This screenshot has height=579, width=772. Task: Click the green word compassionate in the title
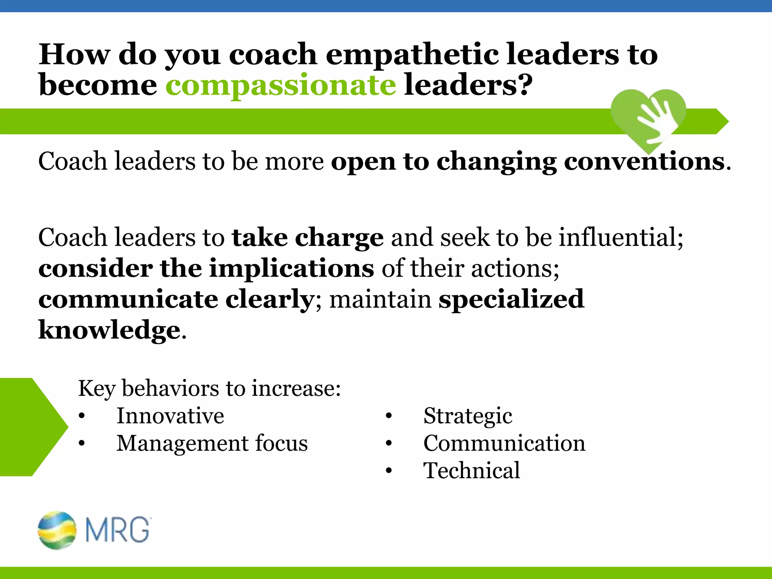click(x=280, y=85)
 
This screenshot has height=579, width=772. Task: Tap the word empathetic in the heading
click(x=412, y=55)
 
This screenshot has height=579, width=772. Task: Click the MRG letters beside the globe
click(x=118, y=530)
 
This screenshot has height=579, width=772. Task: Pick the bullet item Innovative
click(x=170, y=416)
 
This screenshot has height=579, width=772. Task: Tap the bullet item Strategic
click(x=467, y=416)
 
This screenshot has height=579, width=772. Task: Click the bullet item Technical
click(x=471, y=470)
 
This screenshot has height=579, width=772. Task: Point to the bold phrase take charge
click(x=308, y=238)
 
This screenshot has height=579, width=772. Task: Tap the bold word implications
click(x=291, y=268)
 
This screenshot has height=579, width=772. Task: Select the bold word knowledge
click(x=109, y=330)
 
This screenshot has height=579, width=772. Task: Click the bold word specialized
click(x=511, y=299)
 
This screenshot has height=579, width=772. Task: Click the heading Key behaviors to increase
click(x=209, y=388)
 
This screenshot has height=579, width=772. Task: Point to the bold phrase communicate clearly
click(x=176, y=299)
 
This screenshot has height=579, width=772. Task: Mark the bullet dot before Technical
click(x=389, y=471)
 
